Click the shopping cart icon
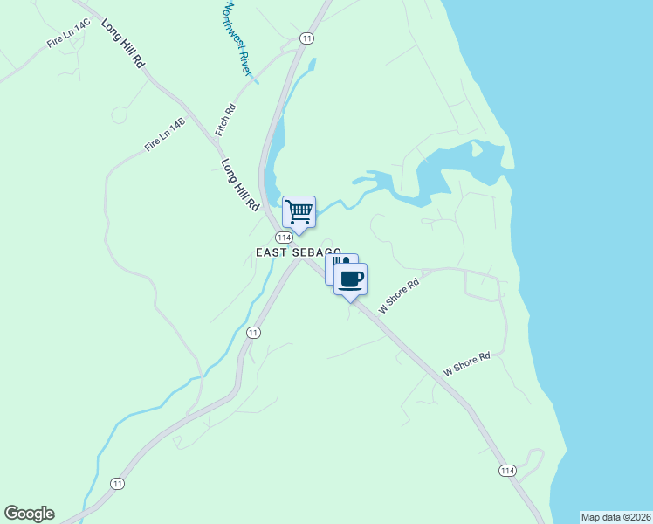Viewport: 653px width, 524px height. click(299, 211)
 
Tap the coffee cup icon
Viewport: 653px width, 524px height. click(350, 279)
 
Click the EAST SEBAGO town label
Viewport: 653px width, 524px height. click(299, 252)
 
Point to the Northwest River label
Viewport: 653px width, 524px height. click(237, 40)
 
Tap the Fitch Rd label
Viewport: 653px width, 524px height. click(226, 120)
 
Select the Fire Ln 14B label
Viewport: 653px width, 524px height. click(165, 134)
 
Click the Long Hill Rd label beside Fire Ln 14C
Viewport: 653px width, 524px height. click(123, 44)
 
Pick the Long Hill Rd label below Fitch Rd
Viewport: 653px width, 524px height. click(241, 183)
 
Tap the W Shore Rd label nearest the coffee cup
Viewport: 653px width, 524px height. click(399, 297)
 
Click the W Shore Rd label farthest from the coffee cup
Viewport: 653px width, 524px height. click(467, 364)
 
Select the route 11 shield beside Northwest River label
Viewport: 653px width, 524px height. click(306, 38)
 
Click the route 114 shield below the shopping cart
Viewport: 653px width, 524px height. click(284, 238)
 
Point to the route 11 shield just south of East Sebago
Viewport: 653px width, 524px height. click(253, 333)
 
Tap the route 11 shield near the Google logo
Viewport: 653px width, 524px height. click(118, 483)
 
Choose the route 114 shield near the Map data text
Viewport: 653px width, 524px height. click(507, 471)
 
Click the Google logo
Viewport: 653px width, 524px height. click(29, 514)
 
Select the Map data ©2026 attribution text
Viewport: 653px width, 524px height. click(615, 517)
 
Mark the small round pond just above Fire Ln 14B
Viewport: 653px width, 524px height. click(120, 114)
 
